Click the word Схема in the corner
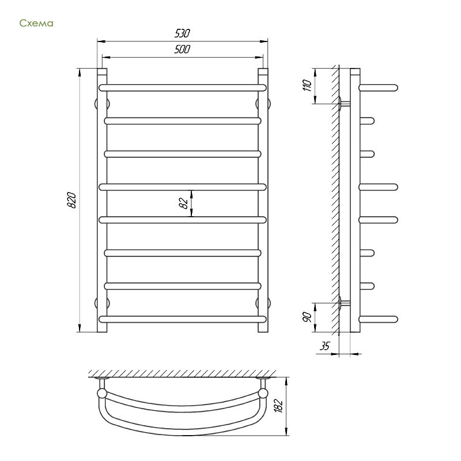[36, 23]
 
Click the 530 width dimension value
[182, 33]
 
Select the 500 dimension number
[182, 49]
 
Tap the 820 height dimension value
[71, 200]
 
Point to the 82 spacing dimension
[183, 203]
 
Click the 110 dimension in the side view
[307, 85]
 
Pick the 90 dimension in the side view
[307, 318]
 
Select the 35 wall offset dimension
[325, 346]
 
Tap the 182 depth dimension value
[278, 406]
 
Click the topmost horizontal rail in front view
[183, 88]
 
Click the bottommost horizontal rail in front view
[183, 319]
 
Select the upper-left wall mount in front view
[102, 104]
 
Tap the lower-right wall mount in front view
[263, 303]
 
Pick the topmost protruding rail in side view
[379, 88]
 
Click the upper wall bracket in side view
[344, 104]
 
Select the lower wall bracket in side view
[344, 303]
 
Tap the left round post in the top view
[102, 393]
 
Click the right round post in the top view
[263, 393]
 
